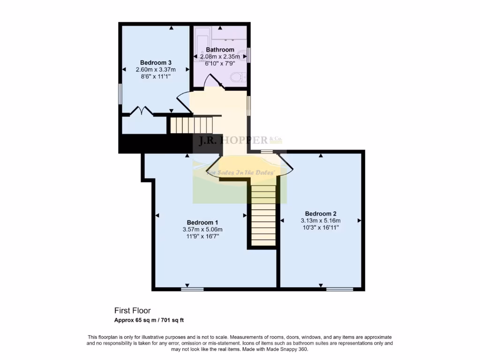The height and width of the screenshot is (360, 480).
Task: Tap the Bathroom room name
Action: coord(220,50)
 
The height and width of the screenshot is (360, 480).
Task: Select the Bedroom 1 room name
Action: coord(202,222)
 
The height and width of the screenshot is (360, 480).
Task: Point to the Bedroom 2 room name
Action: coord(320,213)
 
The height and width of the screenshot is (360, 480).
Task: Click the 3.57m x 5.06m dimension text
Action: coord(202,229)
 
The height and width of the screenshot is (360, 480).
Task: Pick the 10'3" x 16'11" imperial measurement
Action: coord(320,227)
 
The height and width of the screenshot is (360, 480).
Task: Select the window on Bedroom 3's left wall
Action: coord(120,94)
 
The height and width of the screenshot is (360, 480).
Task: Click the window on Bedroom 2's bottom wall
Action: coord(339,289)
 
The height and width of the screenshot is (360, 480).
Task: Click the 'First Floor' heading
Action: coord(132,310)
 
